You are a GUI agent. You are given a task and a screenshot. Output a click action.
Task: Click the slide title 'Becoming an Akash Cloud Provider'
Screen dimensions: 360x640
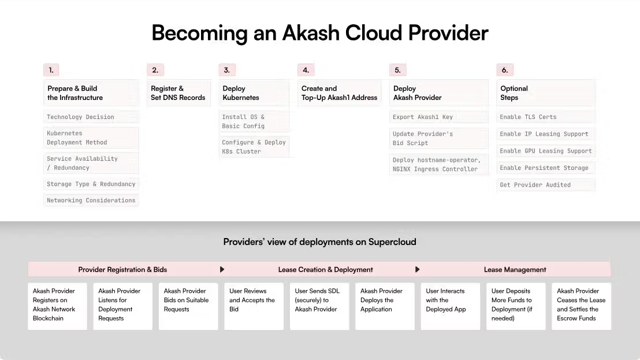pos(319,33)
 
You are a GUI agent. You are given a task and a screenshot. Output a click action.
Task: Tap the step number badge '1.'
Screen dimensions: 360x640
pos(51,70)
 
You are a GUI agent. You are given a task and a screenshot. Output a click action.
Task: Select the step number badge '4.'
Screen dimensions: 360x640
pos(306,70)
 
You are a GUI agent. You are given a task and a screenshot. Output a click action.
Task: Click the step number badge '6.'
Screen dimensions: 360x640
pos(504,70)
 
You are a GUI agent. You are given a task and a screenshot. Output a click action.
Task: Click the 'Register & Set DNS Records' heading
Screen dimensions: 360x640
pos(178,93)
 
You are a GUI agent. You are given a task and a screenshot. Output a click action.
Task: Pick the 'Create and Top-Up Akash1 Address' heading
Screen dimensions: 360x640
pos(339,93)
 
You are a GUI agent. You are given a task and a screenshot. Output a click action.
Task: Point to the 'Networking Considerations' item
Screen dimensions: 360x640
pos(91,201)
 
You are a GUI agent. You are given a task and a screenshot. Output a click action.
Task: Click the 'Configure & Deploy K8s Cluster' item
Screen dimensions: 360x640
pos(254,147)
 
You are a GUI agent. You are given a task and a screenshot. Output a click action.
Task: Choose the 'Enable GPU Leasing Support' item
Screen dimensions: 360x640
pos(545,151)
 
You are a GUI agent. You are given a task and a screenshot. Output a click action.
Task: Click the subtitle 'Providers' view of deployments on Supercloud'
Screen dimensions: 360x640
pos(319,242)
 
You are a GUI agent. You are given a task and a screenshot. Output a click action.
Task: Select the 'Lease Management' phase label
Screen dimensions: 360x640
pos(515,269)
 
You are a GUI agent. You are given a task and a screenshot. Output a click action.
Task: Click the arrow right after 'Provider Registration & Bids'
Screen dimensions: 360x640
pos(222,269)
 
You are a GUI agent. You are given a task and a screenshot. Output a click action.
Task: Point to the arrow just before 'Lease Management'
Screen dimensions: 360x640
pos(418,269)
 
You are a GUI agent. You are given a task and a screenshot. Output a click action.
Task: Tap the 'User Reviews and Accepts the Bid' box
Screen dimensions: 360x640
pos(254,306)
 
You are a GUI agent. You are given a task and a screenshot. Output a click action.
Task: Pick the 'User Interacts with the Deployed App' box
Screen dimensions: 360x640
pos(451,306)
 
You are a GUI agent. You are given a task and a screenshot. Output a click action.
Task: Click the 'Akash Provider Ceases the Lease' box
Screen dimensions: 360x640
pos(581,306)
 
